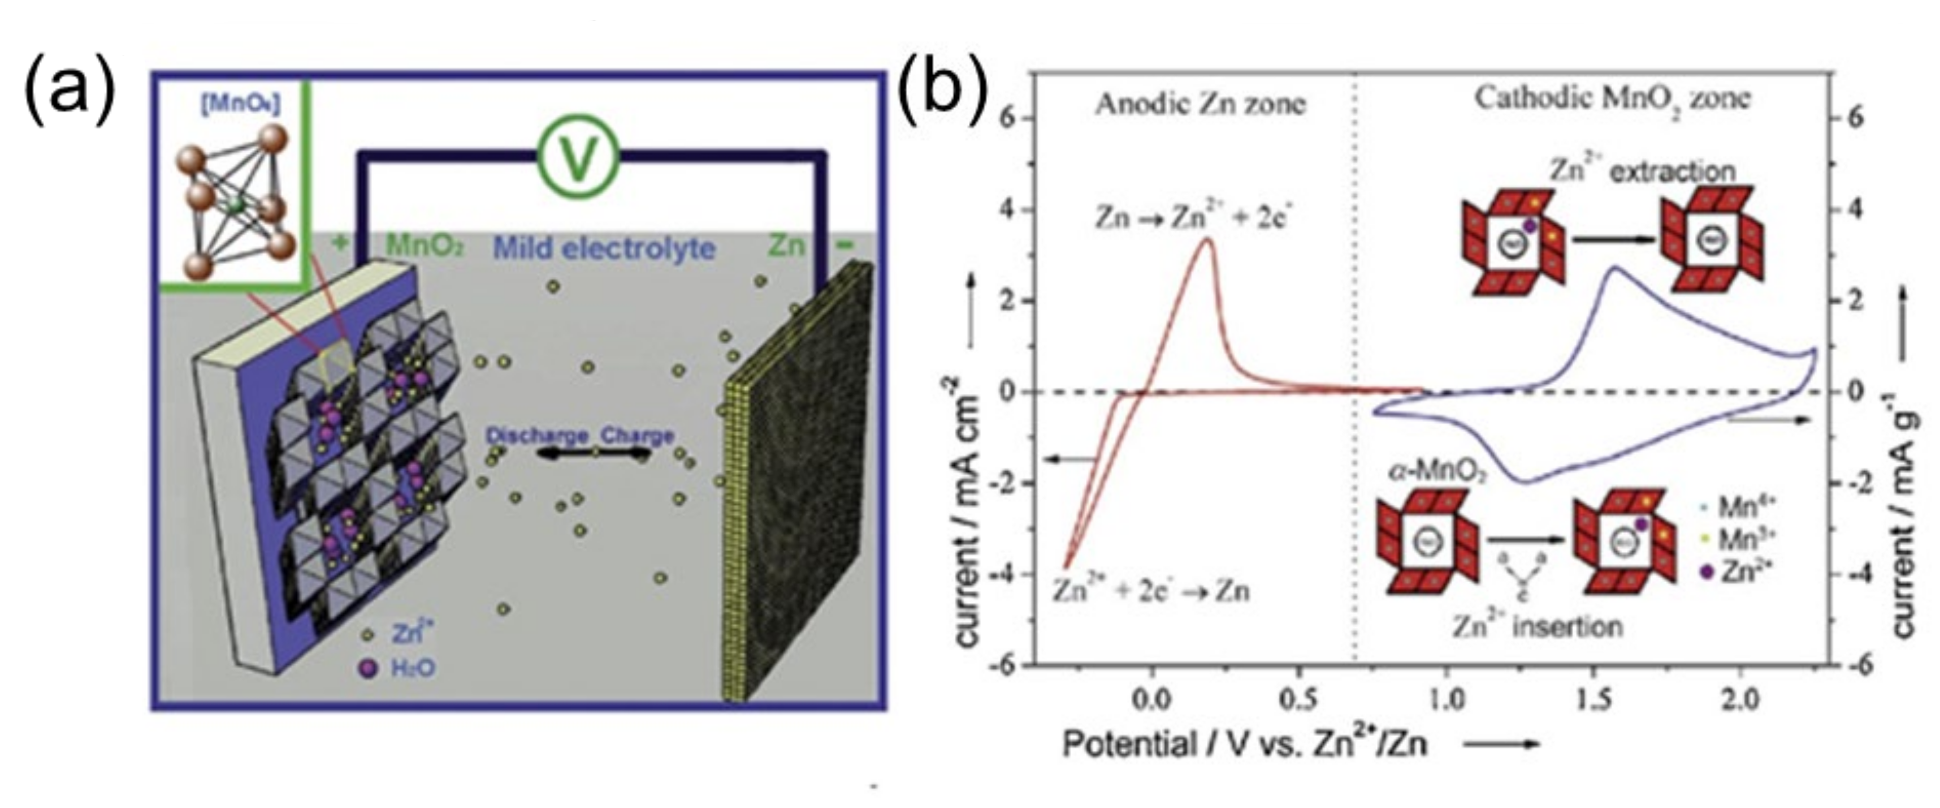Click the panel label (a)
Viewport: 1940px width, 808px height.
point(70,94)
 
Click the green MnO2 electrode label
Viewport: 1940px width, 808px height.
point(424,245)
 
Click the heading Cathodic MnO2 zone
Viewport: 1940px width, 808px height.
point(1612,99)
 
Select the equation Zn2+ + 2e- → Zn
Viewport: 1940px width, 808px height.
point(1151,590)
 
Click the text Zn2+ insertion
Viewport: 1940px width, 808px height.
point(1537,626)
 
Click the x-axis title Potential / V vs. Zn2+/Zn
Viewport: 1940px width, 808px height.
point(1245,745)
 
